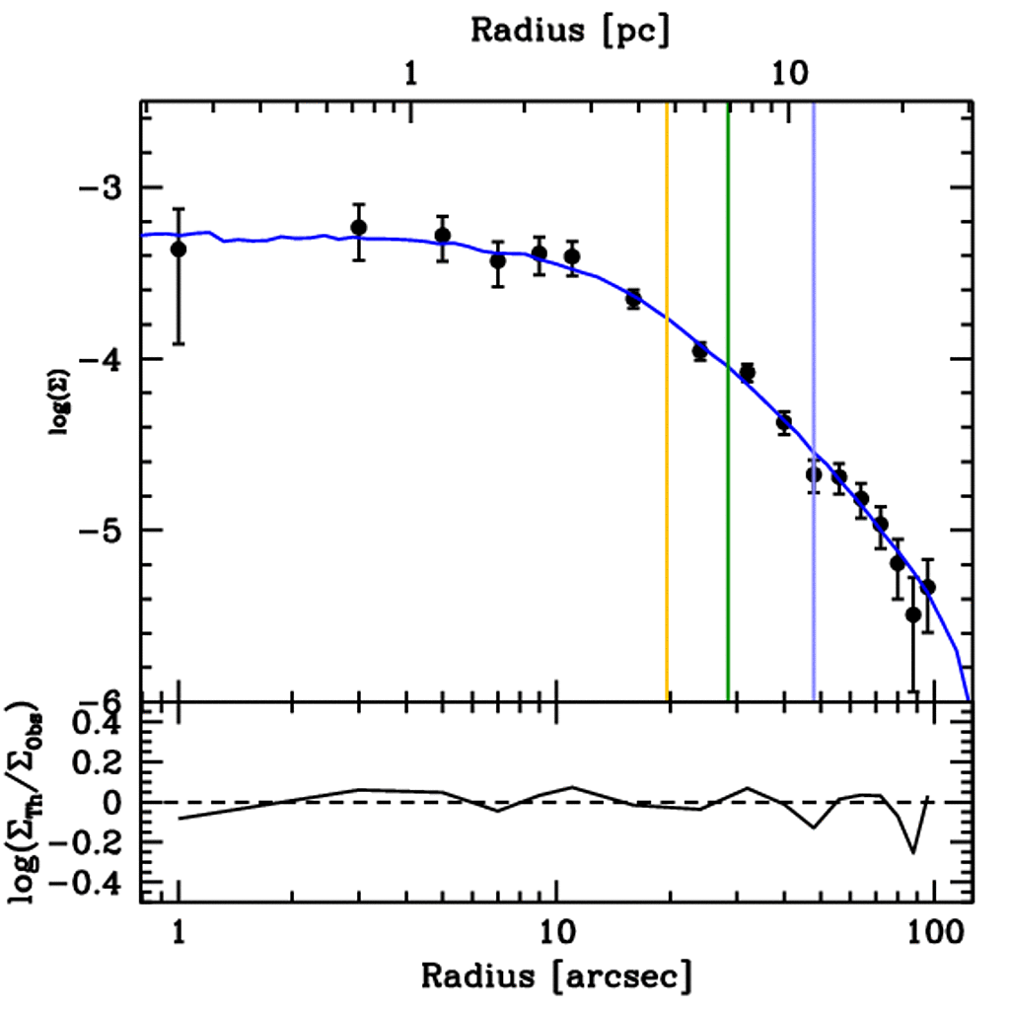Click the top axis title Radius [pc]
pyautogui.click(x=569, y=30)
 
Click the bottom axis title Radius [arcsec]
pyautogui.click(x=556, y=975)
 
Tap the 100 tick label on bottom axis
pyautogui.click(x=933, y=931)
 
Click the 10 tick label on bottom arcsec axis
pyautogui.click(x=556, y=931)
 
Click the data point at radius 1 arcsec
pyautogui.click(x=179, y=250)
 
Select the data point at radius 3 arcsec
pyautogui.click(x=359, y=228)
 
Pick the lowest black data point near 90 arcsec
pyautogui.click(x=913, y=614)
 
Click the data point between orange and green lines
pyautogui.click(x=700, y=351)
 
